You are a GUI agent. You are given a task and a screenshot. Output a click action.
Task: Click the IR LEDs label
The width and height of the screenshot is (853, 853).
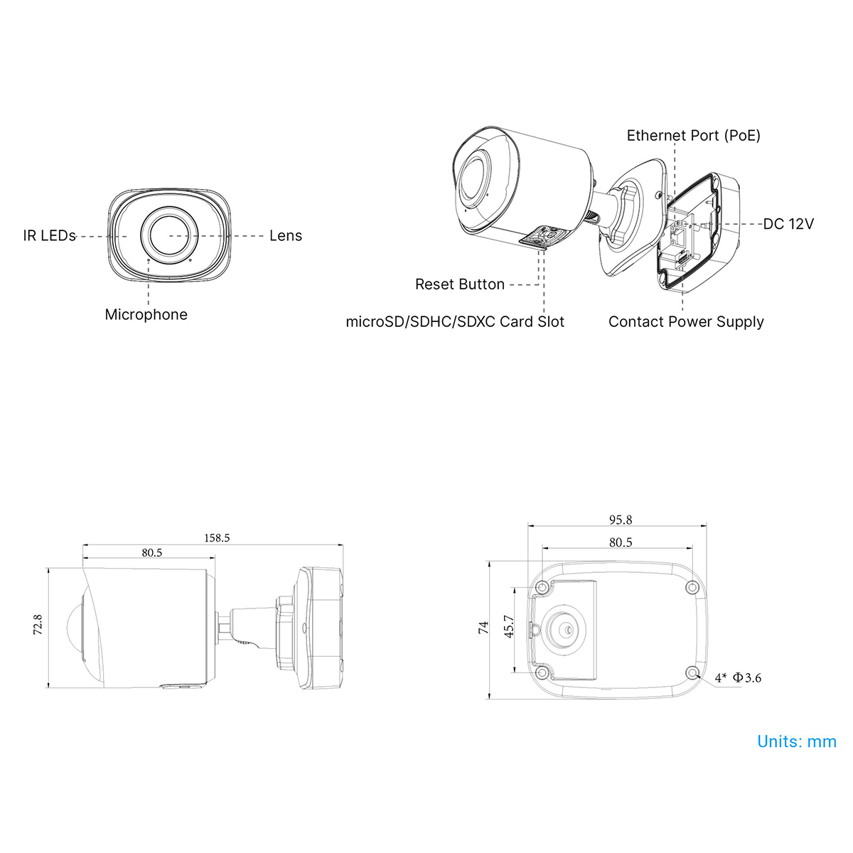pos(49,236)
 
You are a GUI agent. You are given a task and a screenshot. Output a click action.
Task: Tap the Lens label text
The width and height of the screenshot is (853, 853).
pos(286,236)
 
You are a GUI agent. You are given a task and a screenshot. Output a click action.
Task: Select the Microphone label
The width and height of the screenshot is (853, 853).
pos(146,315)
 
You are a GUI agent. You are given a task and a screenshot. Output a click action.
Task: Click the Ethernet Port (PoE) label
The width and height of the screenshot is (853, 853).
pos(693,136)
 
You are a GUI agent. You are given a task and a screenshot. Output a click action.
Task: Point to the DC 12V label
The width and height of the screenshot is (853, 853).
pos(788,224)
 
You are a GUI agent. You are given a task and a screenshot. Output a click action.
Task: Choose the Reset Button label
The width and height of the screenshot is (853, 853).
pos(459,284)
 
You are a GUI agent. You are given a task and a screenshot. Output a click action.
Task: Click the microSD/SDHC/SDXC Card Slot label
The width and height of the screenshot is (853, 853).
pos(455,322)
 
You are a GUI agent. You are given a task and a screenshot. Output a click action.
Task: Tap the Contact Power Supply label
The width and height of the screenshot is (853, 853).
pos(686,322)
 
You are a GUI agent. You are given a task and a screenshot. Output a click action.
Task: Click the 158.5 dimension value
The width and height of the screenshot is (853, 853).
pos(217,538)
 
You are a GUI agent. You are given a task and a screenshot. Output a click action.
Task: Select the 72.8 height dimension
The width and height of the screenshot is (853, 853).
pos(38,625)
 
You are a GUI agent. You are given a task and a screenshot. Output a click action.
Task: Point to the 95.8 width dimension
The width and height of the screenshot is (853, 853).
pos(621,520)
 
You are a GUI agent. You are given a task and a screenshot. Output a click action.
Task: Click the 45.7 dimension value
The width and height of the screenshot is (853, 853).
pos(509,626)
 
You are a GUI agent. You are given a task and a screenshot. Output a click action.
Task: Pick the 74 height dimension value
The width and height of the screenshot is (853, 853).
pos(483,627)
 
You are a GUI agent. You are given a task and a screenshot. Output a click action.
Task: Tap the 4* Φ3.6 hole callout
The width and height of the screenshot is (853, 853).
pos(739,677)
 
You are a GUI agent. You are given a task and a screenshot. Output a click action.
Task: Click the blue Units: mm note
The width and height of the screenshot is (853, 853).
pos(797,741)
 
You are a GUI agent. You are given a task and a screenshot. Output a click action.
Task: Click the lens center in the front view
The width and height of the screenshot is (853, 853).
pos(170,235)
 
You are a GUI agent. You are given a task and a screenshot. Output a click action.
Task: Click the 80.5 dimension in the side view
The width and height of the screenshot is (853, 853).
pos(152,552)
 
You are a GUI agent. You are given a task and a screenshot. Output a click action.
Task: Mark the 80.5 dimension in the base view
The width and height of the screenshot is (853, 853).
pos(621,542)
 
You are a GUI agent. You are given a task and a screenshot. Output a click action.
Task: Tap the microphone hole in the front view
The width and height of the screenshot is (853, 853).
pos(149,260)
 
